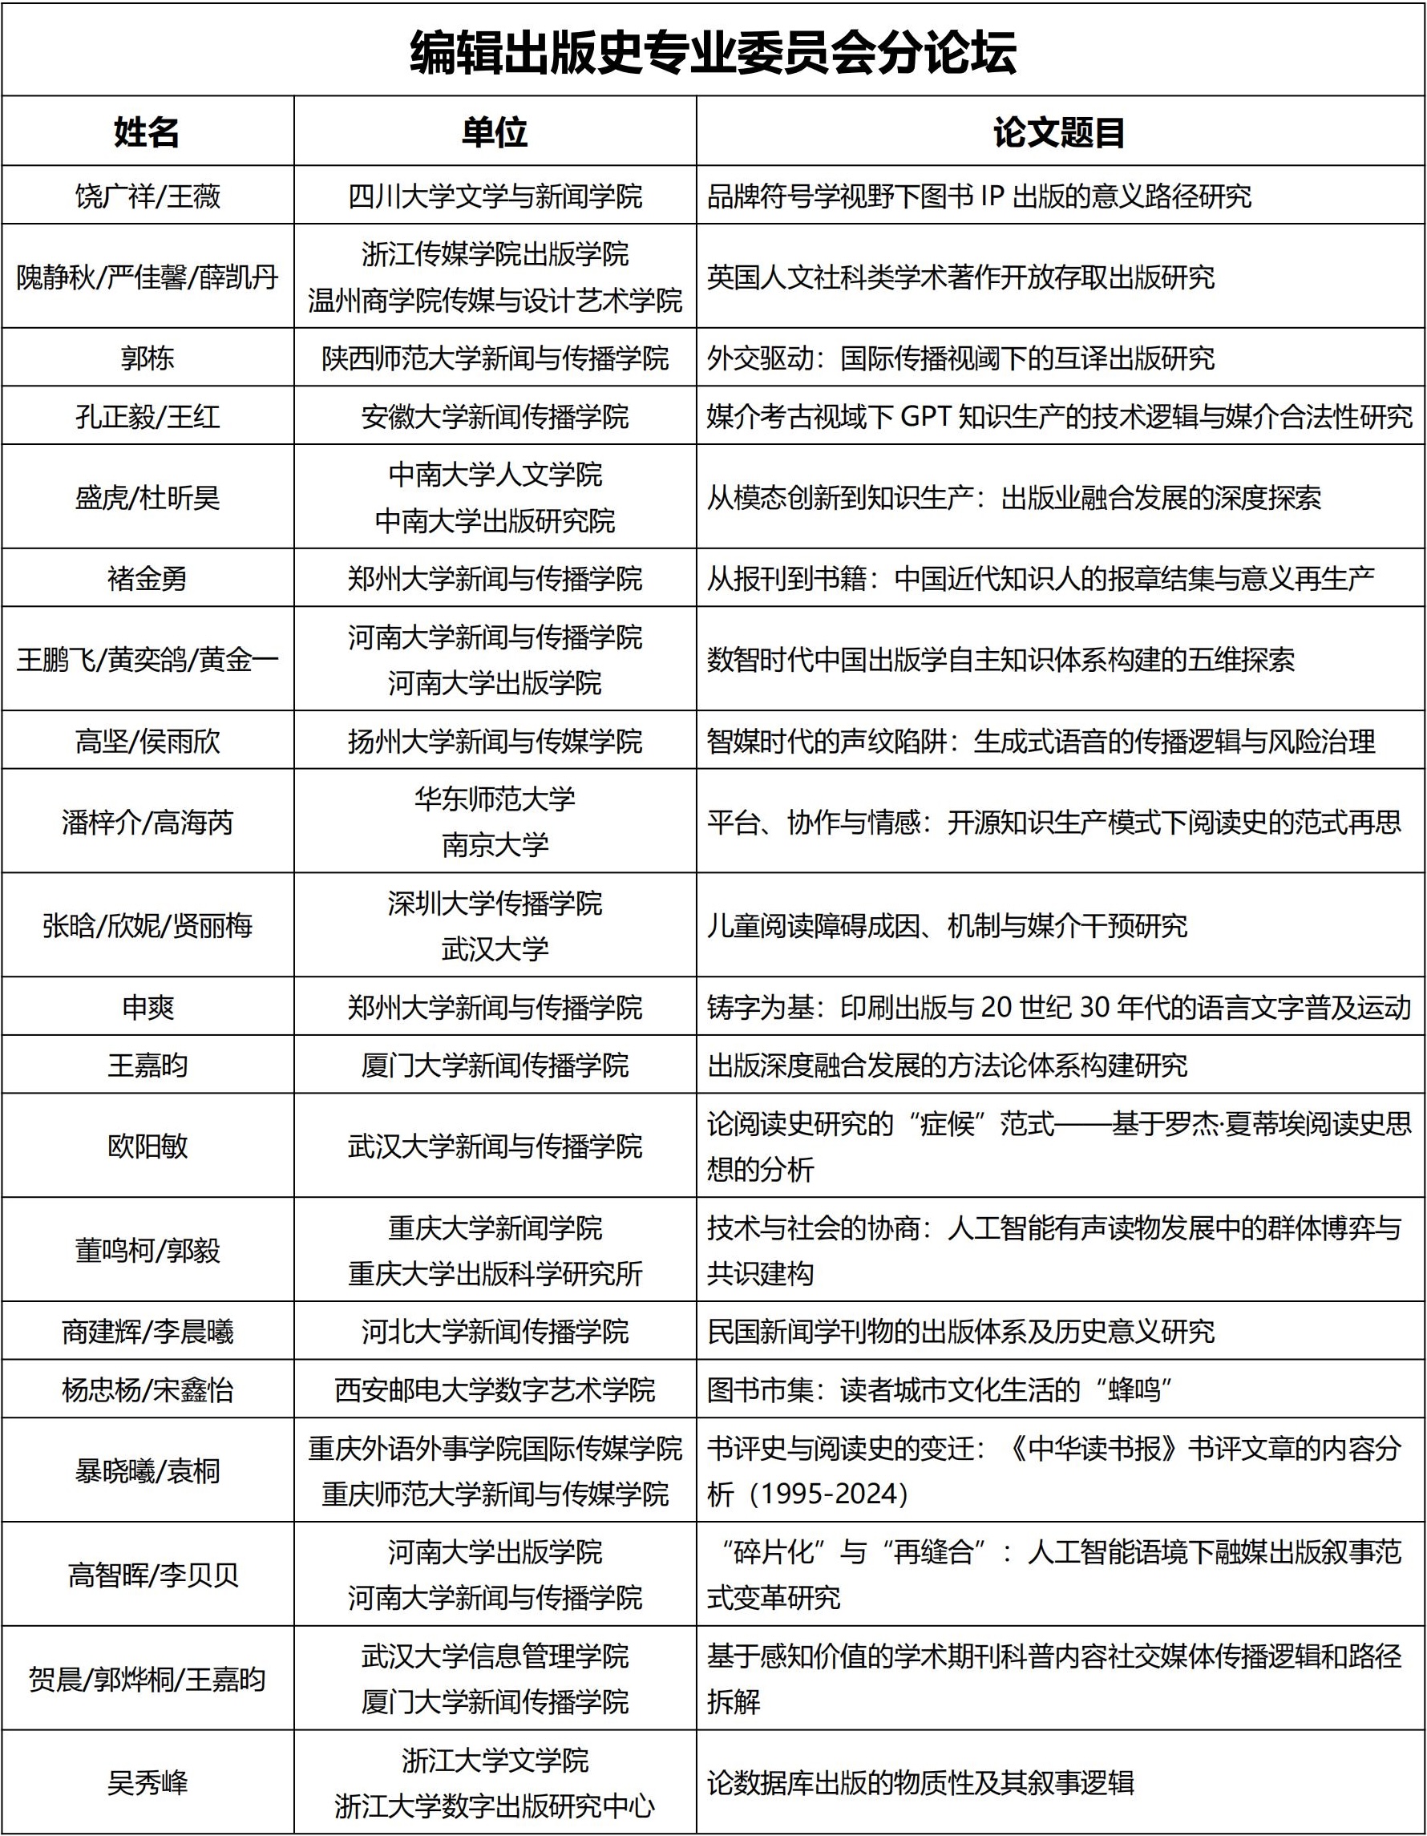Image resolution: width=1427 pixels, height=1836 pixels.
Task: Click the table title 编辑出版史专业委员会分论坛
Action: coord(713,52)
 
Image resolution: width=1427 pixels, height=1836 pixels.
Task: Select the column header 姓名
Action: coord(147,132)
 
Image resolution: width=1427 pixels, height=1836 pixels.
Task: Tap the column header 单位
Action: coord(494,132)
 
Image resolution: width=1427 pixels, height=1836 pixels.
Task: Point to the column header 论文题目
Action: coord(1059,132)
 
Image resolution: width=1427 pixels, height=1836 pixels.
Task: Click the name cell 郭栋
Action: coord(147,358)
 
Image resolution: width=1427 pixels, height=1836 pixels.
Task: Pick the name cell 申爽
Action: coord(147,1006)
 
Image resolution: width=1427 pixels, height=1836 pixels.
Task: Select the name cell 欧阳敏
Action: coord(147,1146)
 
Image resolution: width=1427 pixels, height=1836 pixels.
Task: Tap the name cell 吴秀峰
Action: coord(147,1782)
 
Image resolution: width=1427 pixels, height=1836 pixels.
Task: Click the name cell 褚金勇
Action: coord(147,578)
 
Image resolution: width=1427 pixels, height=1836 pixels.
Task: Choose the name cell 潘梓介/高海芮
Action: coord(147,821)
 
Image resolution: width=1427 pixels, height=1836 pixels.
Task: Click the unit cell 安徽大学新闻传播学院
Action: coord(494,416)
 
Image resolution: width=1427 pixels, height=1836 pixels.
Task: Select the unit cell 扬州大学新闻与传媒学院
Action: coord(494,741)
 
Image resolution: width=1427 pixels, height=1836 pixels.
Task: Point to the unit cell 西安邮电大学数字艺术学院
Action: coord(494,1389)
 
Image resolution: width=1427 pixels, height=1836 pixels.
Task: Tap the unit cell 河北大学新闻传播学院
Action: coord(494,1332)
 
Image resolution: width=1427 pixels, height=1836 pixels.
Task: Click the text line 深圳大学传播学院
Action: coord(494,903)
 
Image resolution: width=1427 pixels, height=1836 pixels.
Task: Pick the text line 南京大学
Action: coord(494,845)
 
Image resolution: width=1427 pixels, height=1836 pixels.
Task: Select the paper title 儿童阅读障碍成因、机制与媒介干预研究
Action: coord(946,925)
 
